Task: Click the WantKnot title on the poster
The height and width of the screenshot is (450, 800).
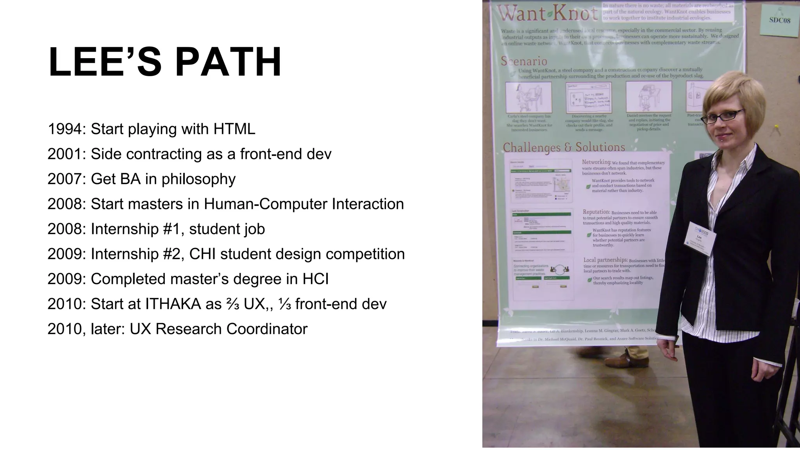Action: tap(547, 14)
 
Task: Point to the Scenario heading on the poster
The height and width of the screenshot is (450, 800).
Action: tap(524, 61)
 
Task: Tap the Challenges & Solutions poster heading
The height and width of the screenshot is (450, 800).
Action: tap(564, 147)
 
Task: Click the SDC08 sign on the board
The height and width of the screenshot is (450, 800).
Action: tap(780, 20)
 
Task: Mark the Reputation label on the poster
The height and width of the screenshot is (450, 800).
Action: tap(596, 212)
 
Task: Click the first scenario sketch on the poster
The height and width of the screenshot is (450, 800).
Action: tap(528, 97)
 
